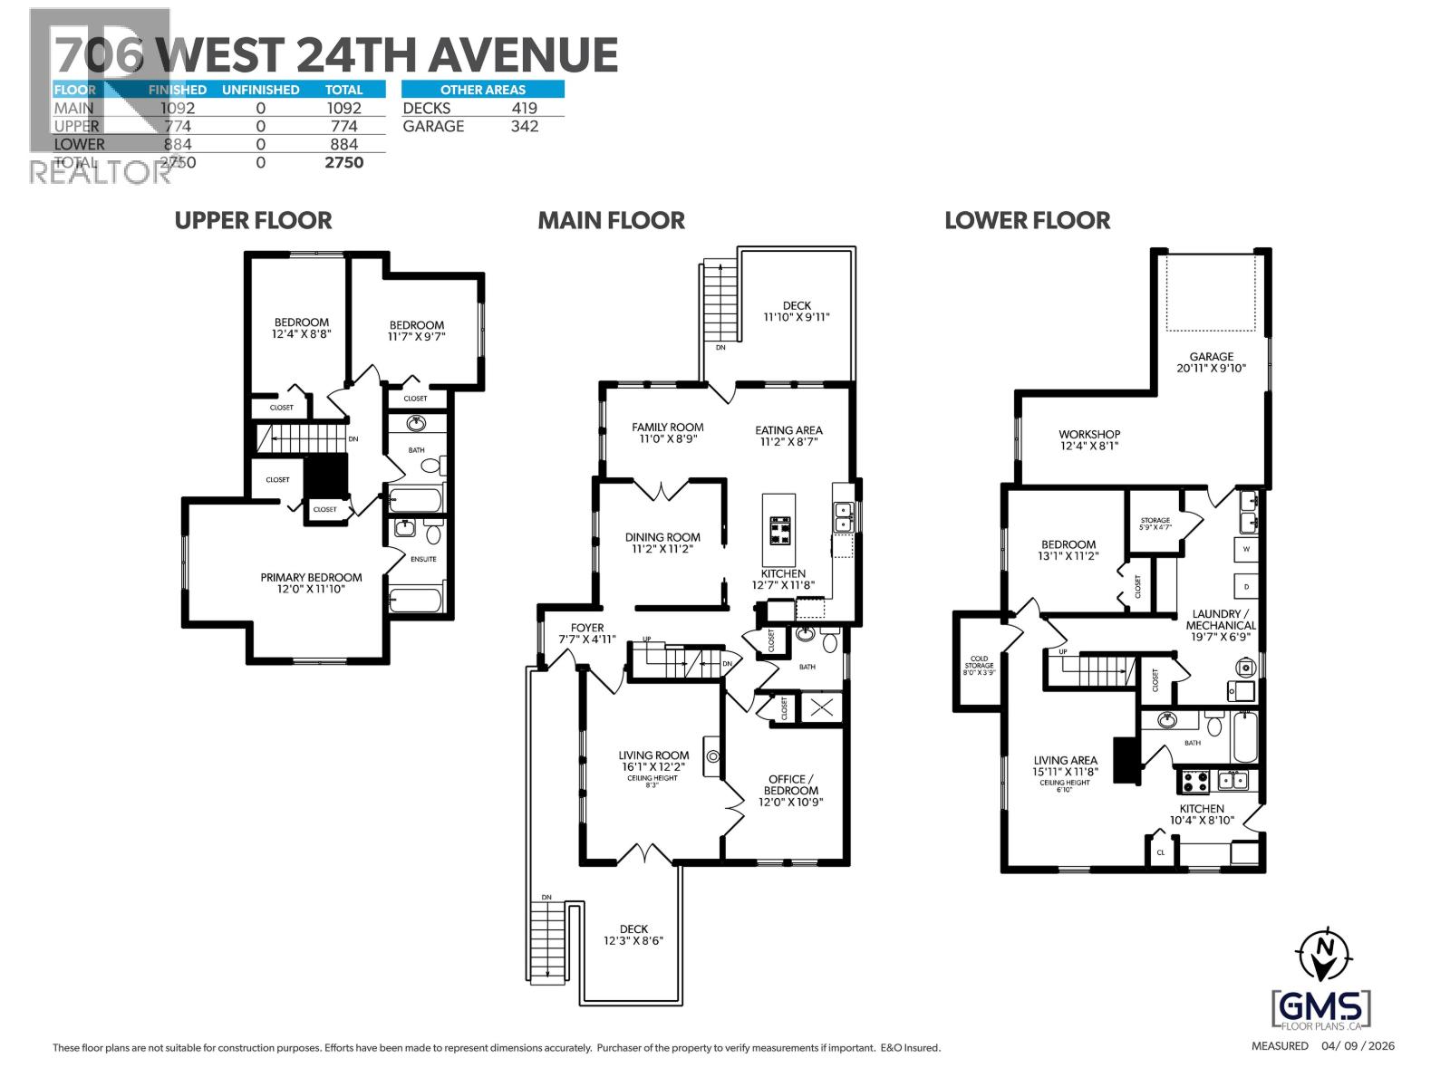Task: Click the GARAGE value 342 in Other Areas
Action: pyautogui.click(x=524, y=126)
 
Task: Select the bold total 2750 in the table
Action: pyautogui.click(x=343, y=162)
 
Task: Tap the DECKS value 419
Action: pyautogui.click(x=524, y=108)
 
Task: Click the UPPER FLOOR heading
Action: pyautogui.click(x=253, y=220)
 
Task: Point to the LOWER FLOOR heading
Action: pyautogui.click(x=1027, y=220)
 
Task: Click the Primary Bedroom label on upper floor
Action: pyautogui.click(x=311, y=582)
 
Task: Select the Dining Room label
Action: pyautogui.click(x=662, y=543)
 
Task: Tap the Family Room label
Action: pyautogui.click(x=668, y=432)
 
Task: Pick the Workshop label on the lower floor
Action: pyautogui.click(x=1089, y=439)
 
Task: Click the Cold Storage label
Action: pyautogui.click(x=979, y=665)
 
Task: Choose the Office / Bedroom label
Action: pyautogui.click(x=791, y=790)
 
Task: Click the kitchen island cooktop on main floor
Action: pyautogui.click(x=779, y=529)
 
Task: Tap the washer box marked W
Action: pyautogui.click(x=1246, y=549)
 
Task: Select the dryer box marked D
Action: pyautogui.click(x=1246, y=586)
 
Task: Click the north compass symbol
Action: pyautogui.click(x=1324, y=953)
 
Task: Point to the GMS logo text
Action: pyautogui.click(x=1322, y=1005)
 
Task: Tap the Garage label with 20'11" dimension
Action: pyautogui.click(x=1212, y=362)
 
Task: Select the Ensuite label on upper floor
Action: pyautogui.click(x=422, y=559)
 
